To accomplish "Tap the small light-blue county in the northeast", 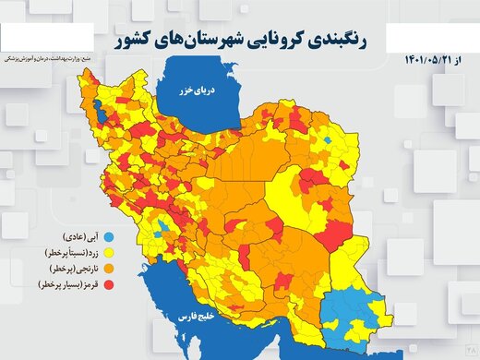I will [328, 139].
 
